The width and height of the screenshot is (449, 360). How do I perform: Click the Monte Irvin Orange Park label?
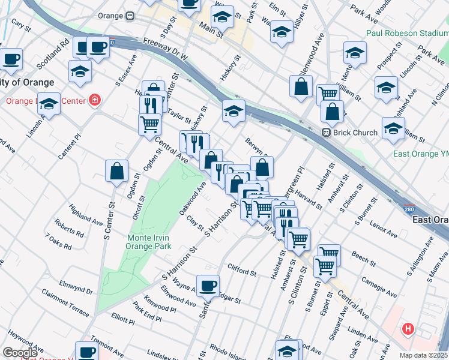[148, 242]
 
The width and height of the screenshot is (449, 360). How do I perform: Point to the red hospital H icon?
[408, 329]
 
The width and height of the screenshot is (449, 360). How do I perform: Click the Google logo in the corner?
[20, 352]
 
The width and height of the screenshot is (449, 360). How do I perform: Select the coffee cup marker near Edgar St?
[208, 286]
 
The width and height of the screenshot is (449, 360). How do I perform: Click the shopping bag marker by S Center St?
[116, 170]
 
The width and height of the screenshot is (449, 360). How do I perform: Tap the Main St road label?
[211, 31]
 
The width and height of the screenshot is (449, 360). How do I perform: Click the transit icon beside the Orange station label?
[129, 16]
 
